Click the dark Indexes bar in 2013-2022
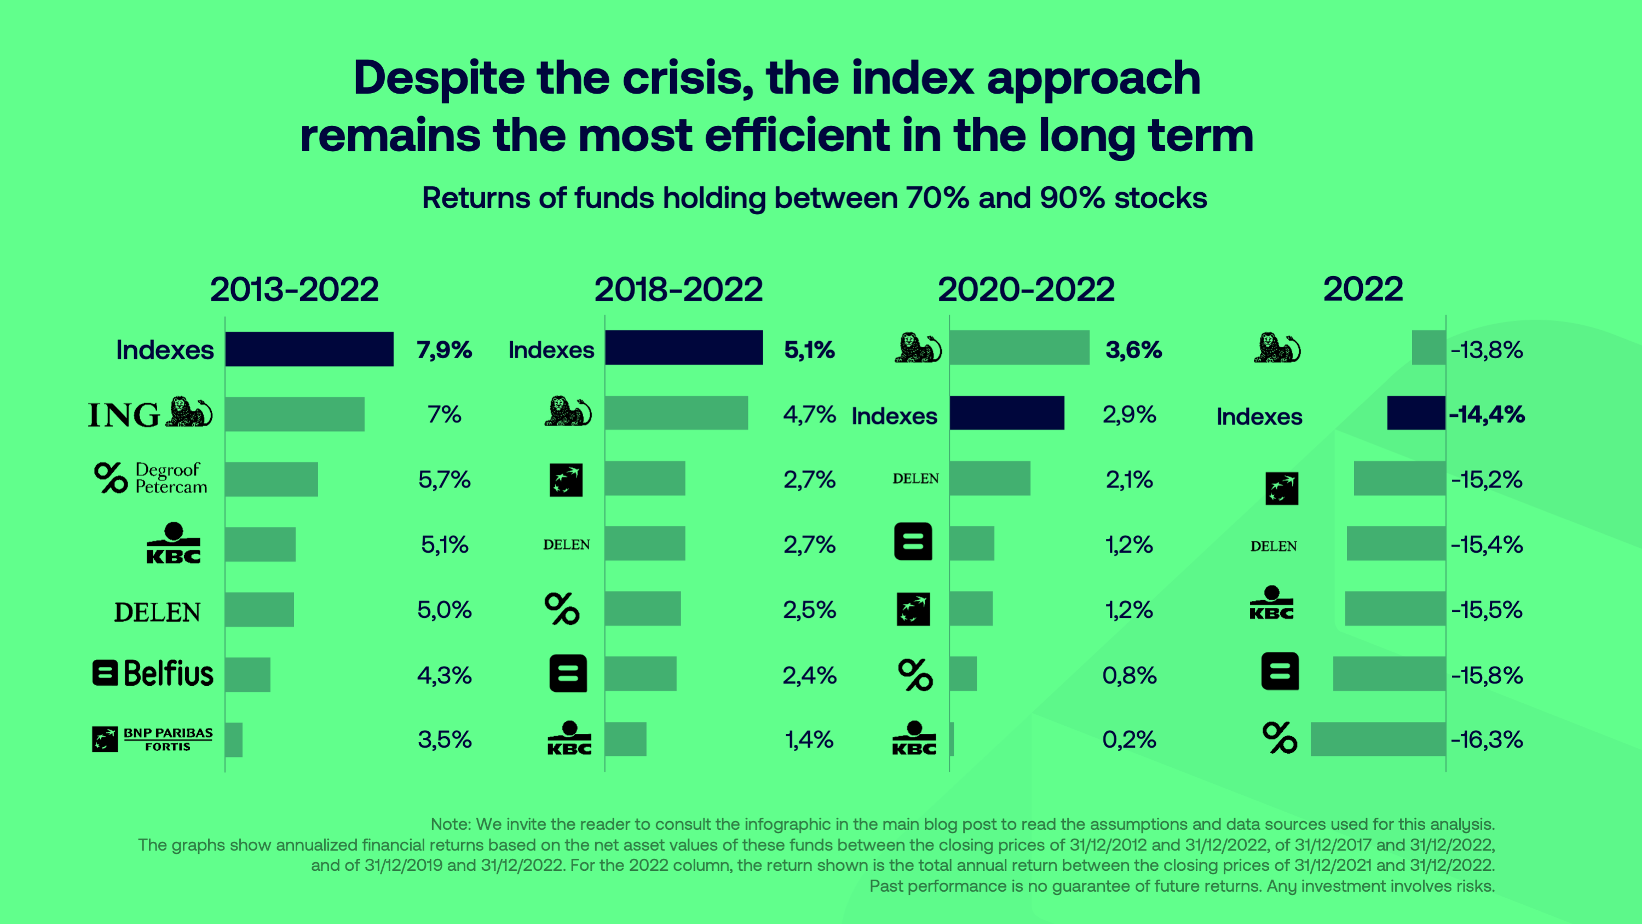(x=309, y=349)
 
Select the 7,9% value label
(x=444, y=349)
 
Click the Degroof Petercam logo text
(x=171, y=478)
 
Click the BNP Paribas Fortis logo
(x=152, y=739)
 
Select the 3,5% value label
(x=444, y=740)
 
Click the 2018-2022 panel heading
(x=678, y=290)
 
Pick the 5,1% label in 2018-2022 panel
(x=809, y=349)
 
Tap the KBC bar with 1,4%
(x=625, y=739)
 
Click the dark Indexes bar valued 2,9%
(x=1006, y=413)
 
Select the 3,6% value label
(x=1133, y=349)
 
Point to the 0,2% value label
(x=1129, y=740)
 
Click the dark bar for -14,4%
(x=1416, y=413)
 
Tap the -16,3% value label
(x=1487, y=740)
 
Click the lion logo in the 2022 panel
(x=1277, y=348)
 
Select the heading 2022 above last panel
(x=1363, y=290)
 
